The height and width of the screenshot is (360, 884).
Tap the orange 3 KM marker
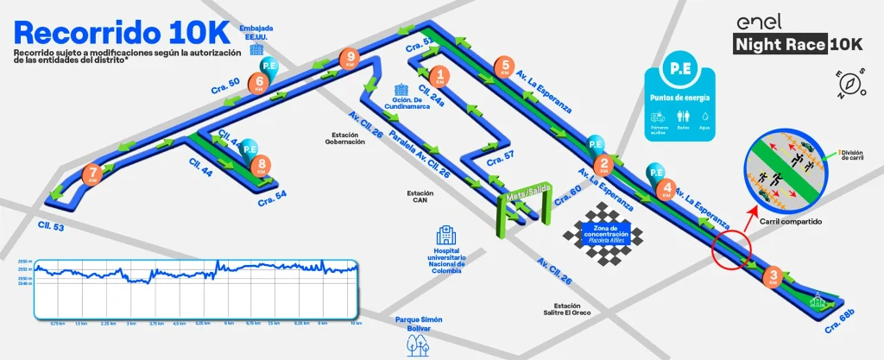774,276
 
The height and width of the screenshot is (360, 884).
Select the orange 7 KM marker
92,174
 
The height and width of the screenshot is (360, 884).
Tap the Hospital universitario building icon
446,235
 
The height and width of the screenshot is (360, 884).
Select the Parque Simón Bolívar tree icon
419,344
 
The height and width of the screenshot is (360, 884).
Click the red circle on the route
732,250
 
